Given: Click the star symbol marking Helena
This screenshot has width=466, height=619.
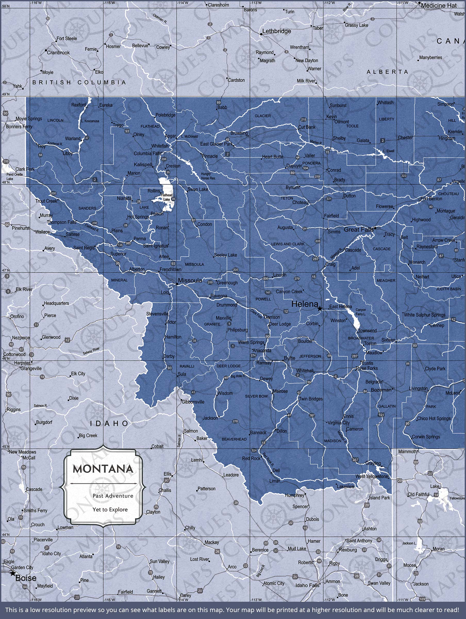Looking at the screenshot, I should (x=319, y=308).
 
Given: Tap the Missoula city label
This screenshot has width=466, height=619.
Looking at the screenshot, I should (x=190, y=280).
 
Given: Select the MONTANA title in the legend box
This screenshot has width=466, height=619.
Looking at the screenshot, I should (x=103, y=469).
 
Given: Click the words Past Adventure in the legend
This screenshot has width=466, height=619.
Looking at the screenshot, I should (x=113, y=496).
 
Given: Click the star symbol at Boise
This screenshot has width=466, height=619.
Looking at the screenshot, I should (x=13, y=573).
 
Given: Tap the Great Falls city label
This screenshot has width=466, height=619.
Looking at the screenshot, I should (x=359, y=230).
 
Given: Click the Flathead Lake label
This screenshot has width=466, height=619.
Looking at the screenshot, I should (x=167, y=197).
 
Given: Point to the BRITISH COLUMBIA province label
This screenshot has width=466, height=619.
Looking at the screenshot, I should (x=79, y=82).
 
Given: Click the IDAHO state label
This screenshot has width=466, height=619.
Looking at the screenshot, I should (x=109, y=423).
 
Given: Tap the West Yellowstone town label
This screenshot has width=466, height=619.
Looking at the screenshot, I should (x=372, y=476).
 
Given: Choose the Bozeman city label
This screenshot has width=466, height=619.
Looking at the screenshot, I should (x=381, y=390).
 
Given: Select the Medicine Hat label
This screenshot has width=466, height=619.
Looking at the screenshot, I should (x=439, y=6).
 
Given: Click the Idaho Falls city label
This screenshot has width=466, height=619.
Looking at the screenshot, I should (x=307, y=585).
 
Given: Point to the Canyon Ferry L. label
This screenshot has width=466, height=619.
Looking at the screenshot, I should (x=361, y=312).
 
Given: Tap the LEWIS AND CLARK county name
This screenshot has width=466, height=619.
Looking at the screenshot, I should (x=288, y=244).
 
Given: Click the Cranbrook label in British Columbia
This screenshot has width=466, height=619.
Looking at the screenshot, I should (x=58, y=53).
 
